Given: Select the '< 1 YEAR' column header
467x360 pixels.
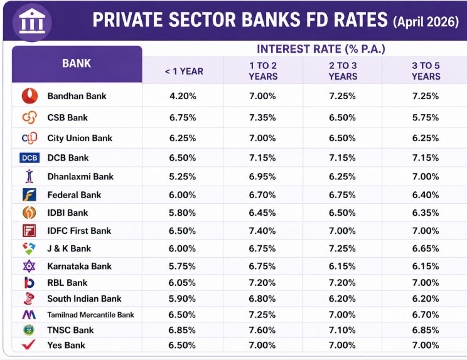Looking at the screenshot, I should pos(184,71).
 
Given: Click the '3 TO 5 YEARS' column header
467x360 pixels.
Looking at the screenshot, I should pos(426,71).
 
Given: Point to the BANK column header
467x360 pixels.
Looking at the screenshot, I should pos(77,63).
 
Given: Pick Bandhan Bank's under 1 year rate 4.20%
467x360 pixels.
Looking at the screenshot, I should pos(183,96).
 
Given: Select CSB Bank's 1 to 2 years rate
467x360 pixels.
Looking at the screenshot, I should pos(262,117).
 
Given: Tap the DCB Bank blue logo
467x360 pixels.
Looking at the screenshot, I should pos(30,158).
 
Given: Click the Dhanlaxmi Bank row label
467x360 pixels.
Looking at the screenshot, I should pos(80,177).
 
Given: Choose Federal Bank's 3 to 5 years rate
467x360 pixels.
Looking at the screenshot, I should pos(426,195).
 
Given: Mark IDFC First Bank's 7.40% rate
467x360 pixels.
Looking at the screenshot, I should pos(262,231).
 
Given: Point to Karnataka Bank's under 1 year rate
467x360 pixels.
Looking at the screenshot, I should pos(183,266).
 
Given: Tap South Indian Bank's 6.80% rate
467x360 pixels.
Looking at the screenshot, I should pos(262,299).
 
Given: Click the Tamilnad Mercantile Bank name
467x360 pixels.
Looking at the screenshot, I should pos(90,315).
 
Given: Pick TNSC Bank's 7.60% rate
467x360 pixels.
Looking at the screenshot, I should pos(262,330).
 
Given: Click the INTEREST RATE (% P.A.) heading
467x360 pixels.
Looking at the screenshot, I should pos(321,49).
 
